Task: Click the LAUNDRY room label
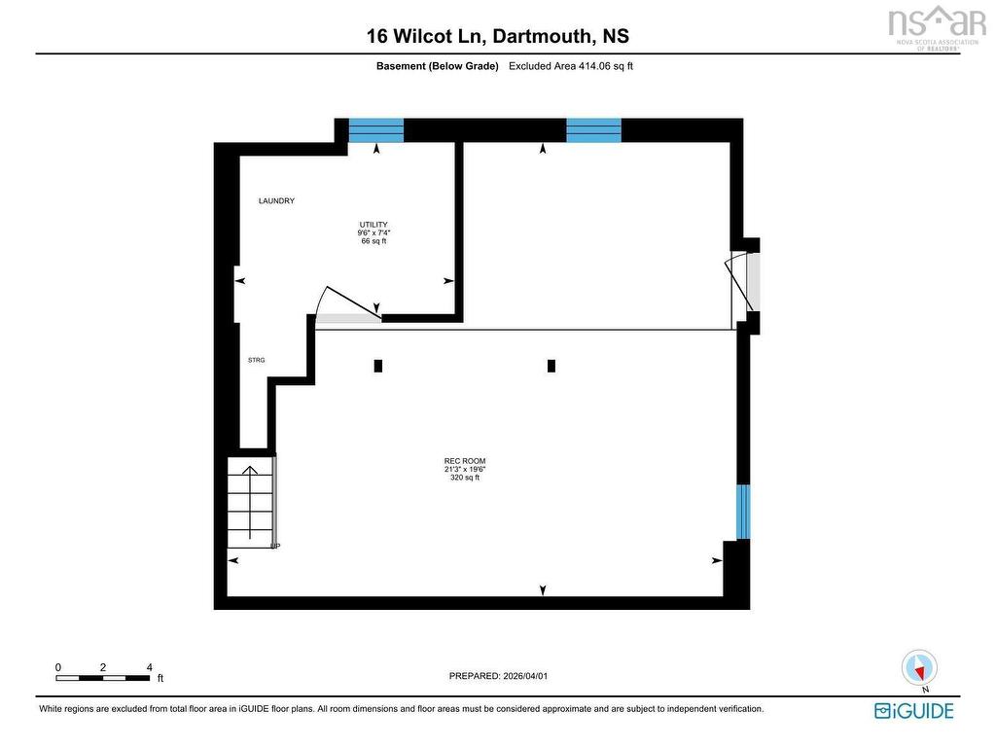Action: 276,200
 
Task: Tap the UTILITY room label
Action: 373,225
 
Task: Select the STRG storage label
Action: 256,360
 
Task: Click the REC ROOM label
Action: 465,461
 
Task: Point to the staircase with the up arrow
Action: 252,502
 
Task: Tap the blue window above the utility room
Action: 376,130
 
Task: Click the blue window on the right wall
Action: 743,512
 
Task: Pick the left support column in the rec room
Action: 378,366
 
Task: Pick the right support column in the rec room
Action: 551,366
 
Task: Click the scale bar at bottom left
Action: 103,678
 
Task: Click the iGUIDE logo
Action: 914,710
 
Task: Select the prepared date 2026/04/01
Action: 524,676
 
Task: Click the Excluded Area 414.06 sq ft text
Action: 571,66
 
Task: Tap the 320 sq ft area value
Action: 465,478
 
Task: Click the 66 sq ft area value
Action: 373,241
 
